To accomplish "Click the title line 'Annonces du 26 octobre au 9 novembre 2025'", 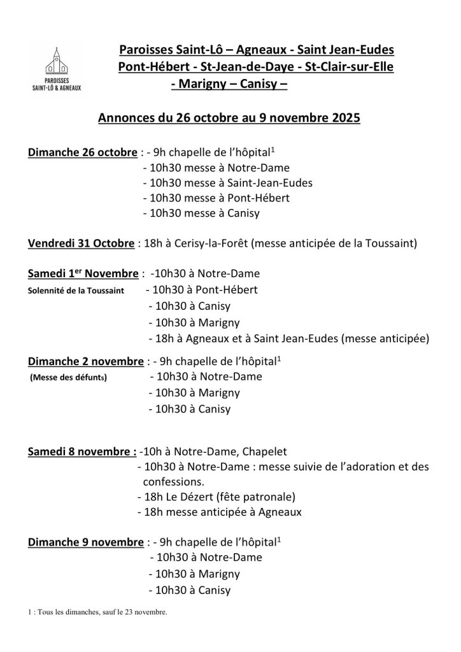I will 229,119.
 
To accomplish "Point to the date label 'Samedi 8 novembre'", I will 82,452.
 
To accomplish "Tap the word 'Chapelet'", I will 266,452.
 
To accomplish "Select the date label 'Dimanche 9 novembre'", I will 85,542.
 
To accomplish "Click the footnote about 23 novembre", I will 97,613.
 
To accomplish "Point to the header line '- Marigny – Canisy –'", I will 230,83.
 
